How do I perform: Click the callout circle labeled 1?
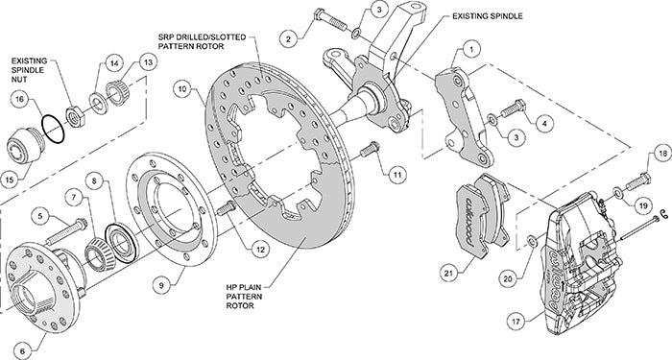(x=469, y=48)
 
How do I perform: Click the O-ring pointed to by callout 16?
(x=56, y=126)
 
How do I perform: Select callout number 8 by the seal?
(x=94, y=180)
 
